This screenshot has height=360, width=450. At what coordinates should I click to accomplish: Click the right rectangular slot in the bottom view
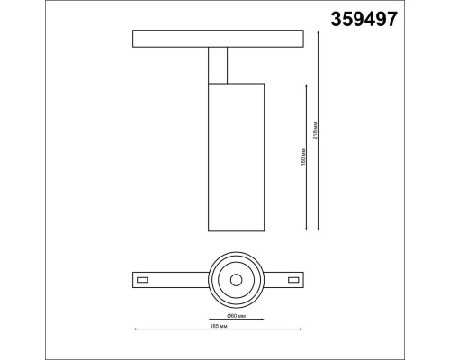(x=293, y=281)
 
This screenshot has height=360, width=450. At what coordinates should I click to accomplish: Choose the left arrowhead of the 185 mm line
(x=135, y=328)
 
